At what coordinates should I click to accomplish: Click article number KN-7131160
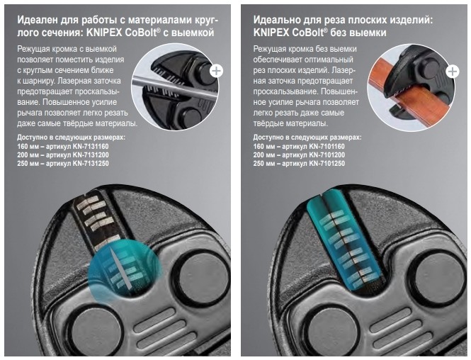[91, 147]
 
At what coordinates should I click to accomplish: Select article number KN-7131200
[91, 155]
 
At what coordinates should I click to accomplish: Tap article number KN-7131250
[91, 164]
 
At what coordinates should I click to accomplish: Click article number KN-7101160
[327, 147]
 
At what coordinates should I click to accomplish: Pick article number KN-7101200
[327, 155]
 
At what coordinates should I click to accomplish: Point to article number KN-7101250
[327, 164]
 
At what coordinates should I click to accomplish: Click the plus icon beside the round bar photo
[216, 71]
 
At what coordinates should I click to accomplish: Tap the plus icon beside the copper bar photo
[453, 72]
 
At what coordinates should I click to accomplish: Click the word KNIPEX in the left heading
[104, 33]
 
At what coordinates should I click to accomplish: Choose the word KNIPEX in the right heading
[271, 33]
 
